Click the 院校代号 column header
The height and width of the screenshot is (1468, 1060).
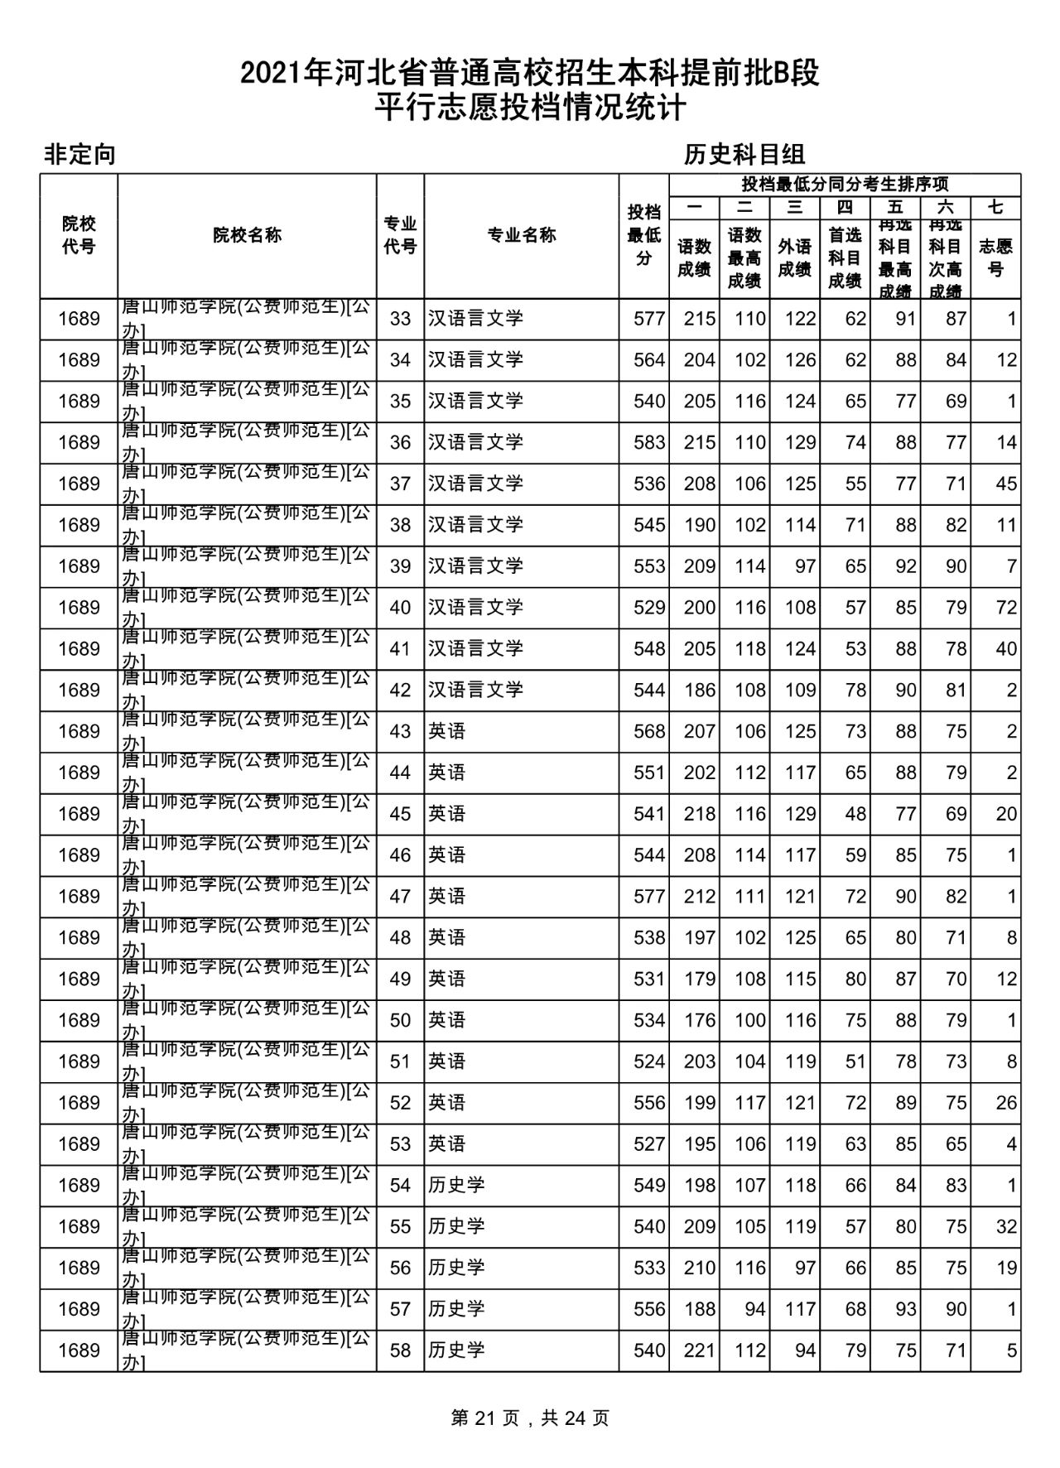pyautogui.click(x=79, y=235)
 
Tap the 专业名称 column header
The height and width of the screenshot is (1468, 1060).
pyautogui.click(x=521, y=235)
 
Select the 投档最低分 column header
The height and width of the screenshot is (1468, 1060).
pyautogui.click(x=643, y=235)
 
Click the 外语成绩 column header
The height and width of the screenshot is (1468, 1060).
pyautogui.click(x=794, y=258)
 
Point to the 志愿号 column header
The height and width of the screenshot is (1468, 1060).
pyautogui.click(x=995, y=258)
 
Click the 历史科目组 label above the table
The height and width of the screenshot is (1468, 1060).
pyautogui.click(x=744, y=154)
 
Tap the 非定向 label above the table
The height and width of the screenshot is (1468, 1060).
pyautogui.click(x=79, y=155)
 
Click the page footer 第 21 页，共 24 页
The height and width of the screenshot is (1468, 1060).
pyautogui.click(x=530, y=1417)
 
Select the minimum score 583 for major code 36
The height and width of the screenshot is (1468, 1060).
pyautogui.click(x=649, y=442)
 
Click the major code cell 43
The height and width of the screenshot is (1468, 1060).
pyautogui.click(x=400, y=731)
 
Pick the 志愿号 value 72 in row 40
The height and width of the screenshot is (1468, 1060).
pyautogui.click(x=1005, y=608)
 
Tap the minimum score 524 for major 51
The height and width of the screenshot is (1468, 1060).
pyautogui.click(x=649, y=1061)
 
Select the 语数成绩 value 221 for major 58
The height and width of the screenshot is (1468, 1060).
pyautogui.click(x=699, y=1350)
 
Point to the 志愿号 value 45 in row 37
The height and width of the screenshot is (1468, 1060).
pyautogui.click(x=1005, y=484)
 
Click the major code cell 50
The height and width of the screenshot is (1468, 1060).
pyautogui.click(x=400, y=1020)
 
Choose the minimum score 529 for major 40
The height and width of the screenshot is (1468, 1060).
pyautogui.click(x=649, y=608)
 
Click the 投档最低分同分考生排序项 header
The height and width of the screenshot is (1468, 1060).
pyautogui.click(x=845, y=185)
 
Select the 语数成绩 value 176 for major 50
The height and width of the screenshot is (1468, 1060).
pyautogui.click(x=699, y=1020)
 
